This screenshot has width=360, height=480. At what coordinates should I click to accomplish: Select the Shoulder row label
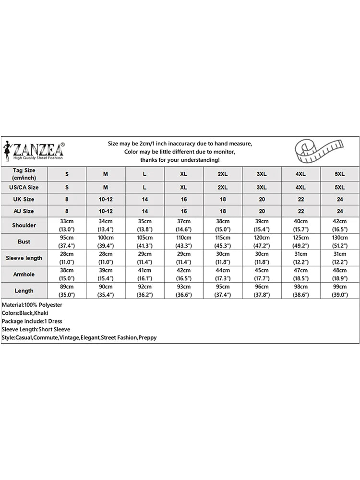point(24,225)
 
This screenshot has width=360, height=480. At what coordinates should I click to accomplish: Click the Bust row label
point(24,241)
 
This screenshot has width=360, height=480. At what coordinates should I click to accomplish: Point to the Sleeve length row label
point(24,258)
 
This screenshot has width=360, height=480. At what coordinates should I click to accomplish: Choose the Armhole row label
point(24,274)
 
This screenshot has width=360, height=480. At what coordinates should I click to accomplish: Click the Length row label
point(24,290)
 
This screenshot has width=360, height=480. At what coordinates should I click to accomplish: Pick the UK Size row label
point(24,199)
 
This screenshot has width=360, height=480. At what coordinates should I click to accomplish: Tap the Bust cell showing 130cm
point(340,241)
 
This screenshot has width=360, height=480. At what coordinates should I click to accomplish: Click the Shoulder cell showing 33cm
point(67,225)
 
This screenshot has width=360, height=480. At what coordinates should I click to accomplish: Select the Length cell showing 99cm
point(340,290)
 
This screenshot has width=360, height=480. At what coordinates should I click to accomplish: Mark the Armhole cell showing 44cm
point(223,274)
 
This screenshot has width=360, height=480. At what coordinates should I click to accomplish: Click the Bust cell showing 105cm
point(144,241)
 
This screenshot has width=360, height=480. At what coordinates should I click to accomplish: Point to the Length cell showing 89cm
point(67,290)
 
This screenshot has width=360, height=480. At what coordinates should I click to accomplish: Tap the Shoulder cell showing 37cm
point(184,225)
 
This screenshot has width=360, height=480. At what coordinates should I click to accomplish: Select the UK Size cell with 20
point(262,199)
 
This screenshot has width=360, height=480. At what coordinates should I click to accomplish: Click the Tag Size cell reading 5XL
point(340,174)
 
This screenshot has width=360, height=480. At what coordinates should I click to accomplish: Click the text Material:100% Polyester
point(32,305)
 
